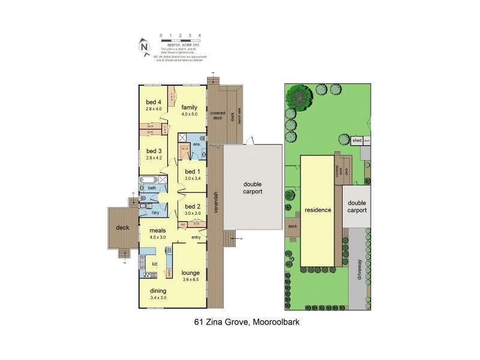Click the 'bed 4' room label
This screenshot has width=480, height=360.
pyautogui.click(x=154, y=101)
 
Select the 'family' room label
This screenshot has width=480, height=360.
pyautogui.click(x=190, y=107)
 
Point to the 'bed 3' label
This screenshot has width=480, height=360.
pyautogui.click(x=154, y=151)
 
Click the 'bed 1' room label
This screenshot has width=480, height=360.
pyautogui.click(x=193, y=171)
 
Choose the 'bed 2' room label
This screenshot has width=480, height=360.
pyautogui.click(x=193, y=206)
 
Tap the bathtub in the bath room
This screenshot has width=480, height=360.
pyautogui.click(x=151, y=179)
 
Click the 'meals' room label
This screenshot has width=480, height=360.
pyautogui.click(x=149, y=229)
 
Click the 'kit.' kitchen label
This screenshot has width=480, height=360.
pyautogui.click(x=154, y=263)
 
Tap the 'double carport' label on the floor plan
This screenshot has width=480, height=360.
pyautogui.click(x=253, y=188)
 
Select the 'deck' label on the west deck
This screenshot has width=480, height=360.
pyautogui.click(x=122, y=227)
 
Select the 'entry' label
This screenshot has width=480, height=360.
pyautogui.click(x=196, y=238)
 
